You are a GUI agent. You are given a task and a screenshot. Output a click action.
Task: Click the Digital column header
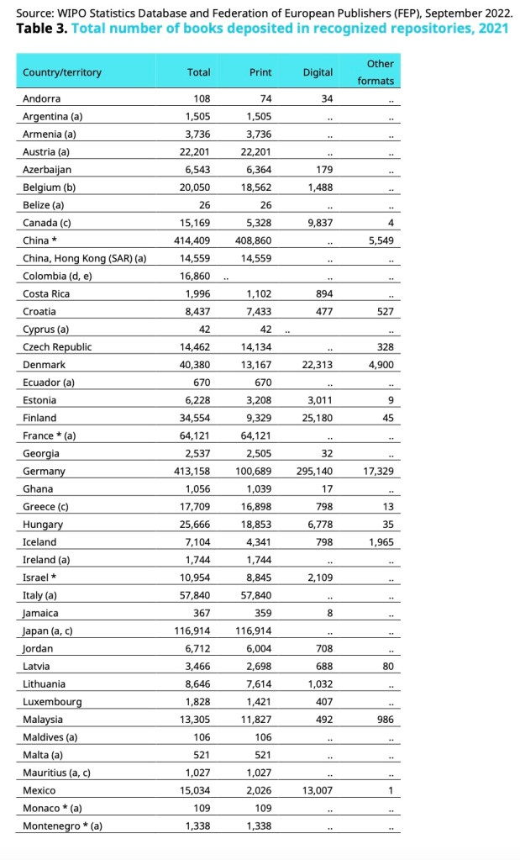[x=318, y=72]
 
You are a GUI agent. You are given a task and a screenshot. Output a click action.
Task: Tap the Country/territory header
[x=62, y=72]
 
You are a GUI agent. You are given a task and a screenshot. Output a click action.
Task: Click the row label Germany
[x=44, y=472]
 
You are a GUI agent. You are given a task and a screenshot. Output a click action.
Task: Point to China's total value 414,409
[x=192, y=240]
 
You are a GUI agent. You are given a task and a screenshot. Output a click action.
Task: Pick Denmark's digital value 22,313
[x=314, y=365]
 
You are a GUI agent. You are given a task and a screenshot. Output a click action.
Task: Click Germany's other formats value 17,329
[x=378, y=472]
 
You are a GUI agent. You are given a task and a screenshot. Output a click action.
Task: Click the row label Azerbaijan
[x=49, y=170]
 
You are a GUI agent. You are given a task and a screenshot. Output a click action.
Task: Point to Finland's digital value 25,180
[x=314, y=418]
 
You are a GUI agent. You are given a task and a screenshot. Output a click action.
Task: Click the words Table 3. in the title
[x=41, y=28]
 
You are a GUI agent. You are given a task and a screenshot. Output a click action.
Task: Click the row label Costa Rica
[x=46, y=293]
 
